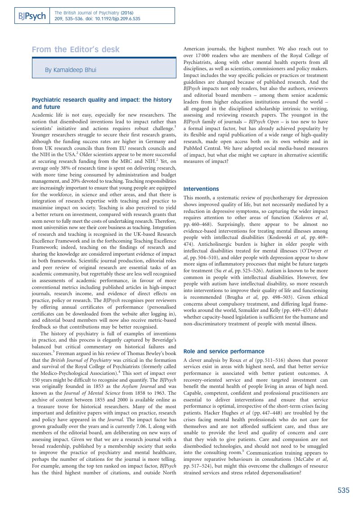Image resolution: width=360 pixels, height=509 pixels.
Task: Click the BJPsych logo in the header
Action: click(31, 16)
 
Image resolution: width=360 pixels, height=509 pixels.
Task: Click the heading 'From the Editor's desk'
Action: click(76, 50)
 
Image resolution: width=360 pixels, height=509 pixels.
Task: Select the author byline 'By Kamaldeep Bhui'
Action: click(70, 70)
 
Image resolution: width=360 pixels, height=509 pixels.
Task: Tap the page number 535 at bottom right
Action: click(343, 491)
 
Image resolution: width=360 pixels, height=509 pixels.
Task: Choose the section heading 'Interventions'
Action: click(201, 189)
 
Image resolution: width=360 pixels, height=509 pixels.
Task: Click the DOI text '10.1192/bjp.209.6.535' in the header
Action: click(119, 19)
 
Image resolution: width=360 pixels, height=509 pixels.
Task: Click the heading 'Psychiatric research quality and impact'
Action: click(102, 100)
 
